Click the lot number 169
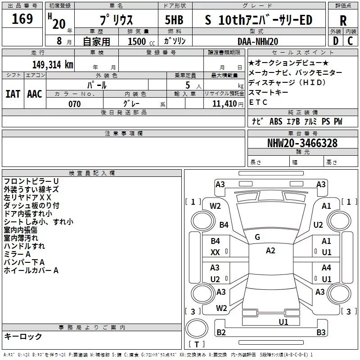tap(22, 19)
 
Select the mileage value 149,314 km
tap(53, 65)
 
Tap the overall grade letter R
tap(343, 21)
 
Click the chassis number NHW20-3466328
tap(302, 143)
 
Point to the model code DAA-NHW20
tap(258, 41)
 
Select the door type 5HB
tap(174, 20)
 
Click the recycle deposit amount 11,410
tap(224, 104)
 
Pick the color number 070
tap(75, 104)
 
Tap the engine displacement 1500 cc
tap(141, 41)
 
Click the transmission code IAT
tap(13, 94)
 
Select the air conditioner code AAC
tap(35, 94)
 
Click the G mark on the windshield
tap(257, 237)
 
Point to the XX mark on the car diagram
tap(215, 252)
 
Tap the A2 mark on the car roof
tap(270, 251)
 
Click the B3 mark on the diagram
tap(321, 332)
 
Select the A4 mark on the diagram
tap(326, 267)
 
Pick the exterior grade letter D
tap(336, 41)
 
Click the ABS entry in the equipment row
tap(276, 121)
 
